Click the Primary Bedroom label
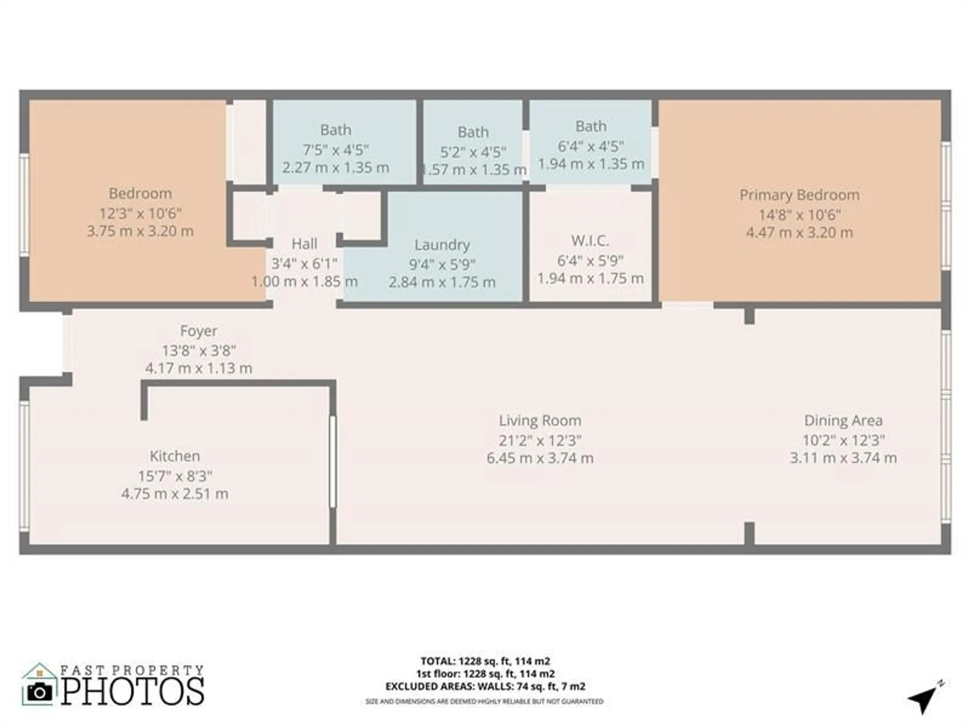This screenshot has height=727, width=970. (x=799, y=195)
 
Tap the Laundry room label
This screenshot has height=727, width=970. (x=442, y=245)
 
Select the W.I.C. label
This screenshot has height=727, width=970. (x=590, y=240)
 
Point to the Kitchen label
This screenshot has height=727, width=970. (x=175, y=456)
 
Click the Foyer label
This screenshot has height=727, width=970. (x=198, y=331)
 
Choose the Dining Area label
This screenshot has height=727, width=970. (x=843, y=421)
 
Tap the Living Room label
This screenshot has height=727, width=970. (x=540, y=421)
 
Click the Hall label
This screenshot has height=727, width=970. (x=305, y=244)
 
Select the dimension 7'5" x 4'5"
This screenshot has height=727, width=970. (x=336, y=150)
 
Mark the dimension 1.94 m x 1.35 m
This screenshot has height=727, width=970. (x=591, y=164)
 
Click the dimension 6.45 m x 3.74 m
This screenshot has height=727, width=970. (x=540, y=458)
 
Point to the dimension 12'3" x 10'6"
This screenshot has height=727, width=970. (x=140, y=213)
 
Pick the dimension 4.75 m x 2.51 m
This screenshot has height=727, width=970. (x=175, y=494)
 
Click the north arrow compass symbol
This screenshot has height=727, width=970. (x=925, y=698)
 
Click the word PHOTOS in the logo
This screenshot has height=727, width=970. (x=132, y=692)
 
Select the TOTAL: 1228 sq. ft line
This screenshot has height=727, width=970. (x=485, y=661)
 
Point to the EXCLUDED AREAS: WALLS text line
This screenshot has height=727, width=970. (x=485, y=687)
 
